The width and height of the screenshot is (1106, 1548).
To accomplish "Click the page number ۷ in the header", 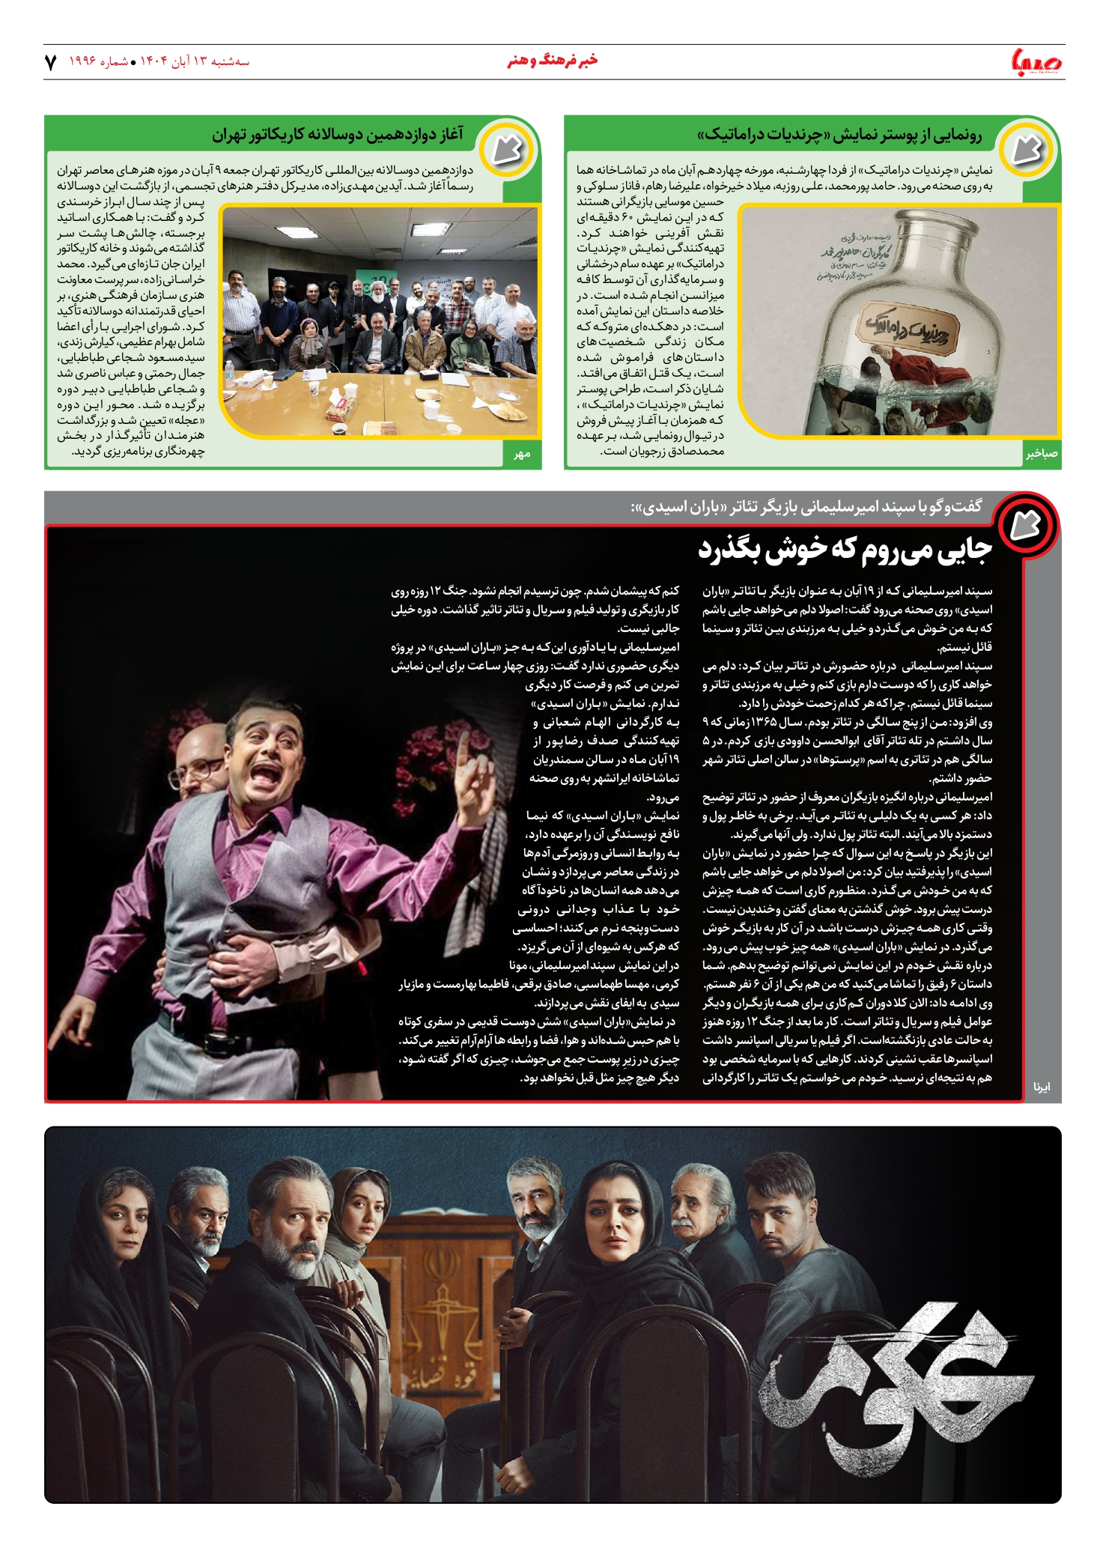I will coord(51,62).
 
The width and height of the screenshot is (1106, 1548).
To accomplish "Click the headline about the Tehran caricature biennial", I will coord(337,136).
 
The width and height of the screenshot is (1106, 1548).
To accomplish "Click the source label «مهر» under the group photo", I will coord(522,454).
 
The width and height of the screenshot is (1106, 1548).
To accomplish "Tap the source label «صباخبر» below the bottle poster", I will coord(1041,454).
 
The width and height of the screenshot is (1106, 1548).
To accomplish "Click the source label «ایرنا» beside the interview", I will coord(1042,1087).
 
